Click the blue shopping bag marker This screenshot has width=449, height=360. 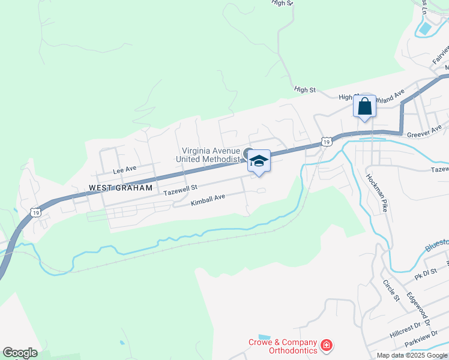coord(365,107)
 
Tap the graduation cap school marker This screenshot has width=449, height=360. coord(259,161)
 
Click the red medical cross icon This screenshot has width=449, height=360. coord(326,346)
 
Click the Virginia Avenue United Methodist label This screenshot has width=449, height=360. coord(208,155)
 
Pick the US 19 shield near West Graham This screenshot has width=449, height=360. coord(36,212)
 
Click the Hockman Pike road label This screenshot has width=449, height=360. coord(376,193)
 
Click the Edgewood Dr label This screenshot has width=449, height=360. coord(418,308)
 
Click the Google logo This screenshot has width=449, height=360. coord(20,353)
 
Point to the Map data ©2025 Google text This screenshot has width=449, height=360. coord(411,355)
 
